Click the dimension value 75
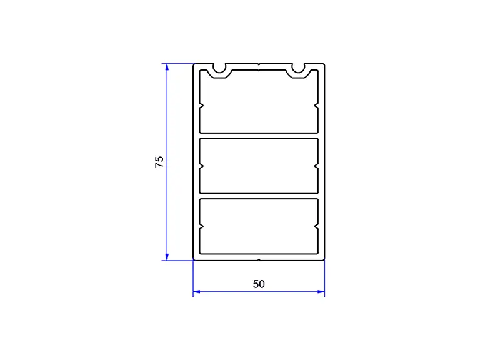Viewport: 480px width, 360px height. [x=159, y=162]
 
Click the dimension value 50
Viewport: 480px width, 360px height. [x=259, y=284]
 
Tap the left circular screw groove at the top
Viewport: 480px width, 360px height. [x=219, y=68]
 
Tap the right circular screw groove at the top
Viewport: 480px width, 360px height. [x=298, y=68]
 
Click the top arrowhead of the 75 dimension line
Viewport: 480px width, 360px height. [x=167, y=67]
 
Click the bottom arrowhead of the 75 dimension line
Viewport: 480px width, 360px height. [x=167, y=257]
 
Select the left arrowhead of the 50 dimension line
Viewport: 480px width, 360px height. [x=197, y=292]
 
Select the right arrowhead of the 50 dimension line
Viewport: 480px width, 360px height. [x=321, y=292]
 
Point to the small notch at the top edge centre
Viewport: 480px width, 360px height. [x=259, y=64]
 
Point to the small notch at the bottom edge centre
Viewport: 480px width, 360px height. [x=259, y=260]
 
